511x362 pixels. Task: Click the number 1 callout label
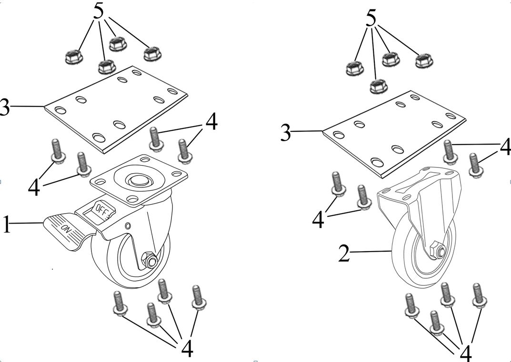click(6, 224)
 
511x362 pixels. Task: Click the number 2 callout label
click(344, 254)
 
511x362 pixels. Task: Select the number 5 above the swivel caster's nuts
click(99, 12)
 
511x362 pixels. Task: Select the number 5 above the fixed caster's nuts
click(371, 18)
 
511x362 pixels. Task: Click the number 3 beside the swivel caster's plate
click(4, 108)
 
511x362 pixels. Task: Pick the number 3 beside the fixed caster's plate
click(285, 133)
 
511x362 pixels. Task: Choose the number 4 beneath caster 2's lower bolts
click(465, 352)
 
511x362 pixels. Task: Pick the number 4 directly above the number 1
click(34, 187)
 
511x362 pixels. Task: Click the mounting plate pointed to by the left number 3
click(114, 109)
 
